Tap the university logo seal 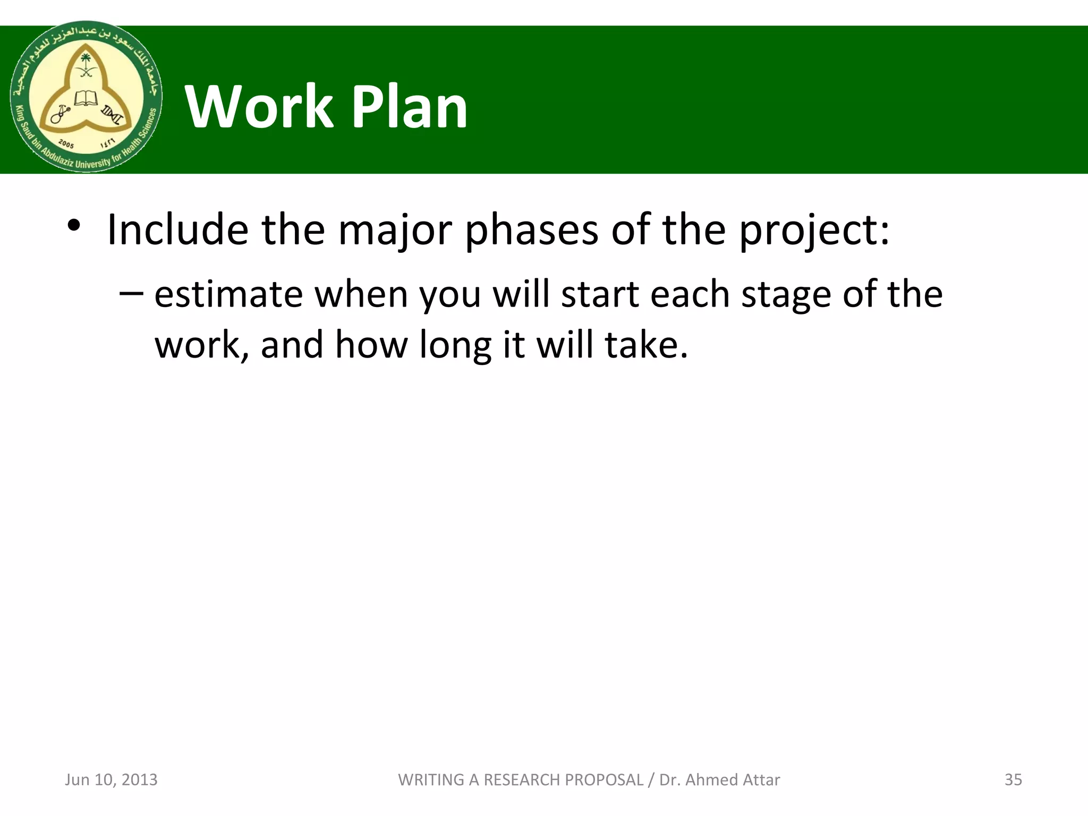coord(86,97)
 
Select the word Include coord(177,229)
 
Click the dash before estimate coord(131,293)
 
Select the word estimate coord(228,295)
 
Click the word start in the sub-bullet coord(600,295)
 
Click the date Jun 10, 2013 coord(111,779)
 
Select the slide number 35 coord(1013,779)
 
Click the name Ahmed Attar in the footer coord(733,779)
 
